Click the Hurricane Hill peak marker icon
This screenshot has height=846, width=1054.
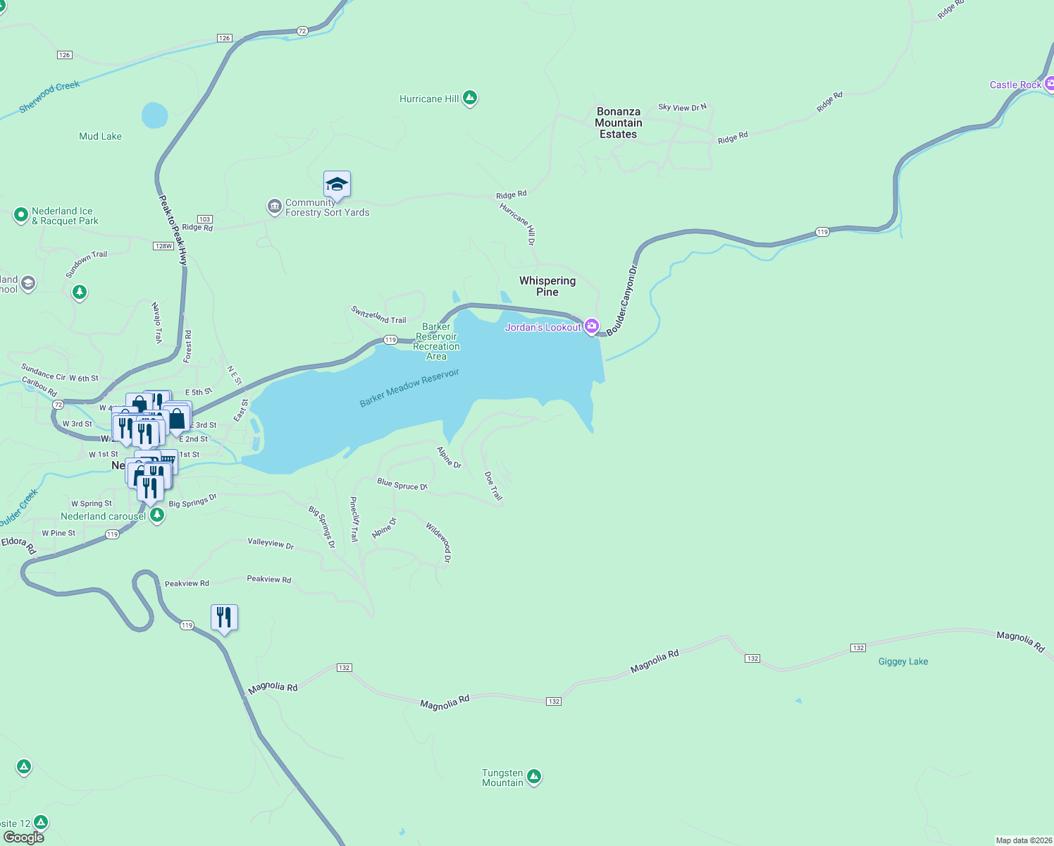pyautogui.click(x=470, y=98)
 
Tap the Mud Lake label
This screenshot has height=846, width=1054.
pyautogui.click(x=100, y=136)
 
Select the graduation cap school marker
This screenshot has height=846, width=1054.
pyautogui.click(x=337, y=185)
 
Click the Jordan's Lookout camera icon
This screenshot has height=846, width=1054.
pyautogui.click(x=592, y=326)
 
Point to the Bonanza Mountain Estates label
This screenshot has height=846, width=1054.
pyautogui.click(x=618, y=123)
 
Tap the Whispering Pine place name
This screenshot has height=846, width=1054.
pyautogui.click(x=547, y=286)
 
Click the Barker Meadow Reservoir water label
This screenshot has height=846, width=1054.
pyautogui.click(x=409, y=388)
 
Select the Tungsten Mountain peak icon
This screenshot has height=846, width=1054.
pyautogui.click(x=534, y=777)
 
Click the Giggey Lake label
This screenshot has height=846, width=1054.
pyautogui.click(x=903, y=661)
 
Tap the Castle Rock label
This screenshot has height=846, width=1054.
pyautogui.click(x=1015, y=85)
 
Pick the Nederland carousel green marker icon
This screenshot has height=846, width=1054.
pyautogui.click(x=157, y=516)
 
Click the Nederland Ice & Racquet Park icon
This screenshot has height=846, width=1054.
pyautogui.click(x=21, y=215)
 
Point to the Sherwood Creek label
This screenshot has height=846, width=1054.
pyautogui.click(x=49, y=96)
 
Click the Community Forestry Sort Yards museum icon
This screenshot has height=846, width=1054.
pyautogui.click(x=274, y=206)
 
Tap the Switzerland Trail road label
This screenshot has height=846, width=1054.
pyautogui.click(x=379, y=315)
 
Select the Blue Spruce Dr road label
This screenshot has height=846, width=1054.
pyautogui.click(x=402, y=484)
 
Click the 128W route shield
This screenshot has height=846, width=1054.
pyautogui.click(x=163, y=246)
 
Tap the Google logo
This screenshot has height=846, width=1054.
pyautogui.click(x=24, y=838)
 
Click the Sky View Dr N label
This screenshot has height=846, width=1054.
pyautogui.click(x=682, y=107)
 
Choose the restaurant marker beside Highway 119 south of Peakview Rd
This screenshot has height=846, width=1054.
pyautogui.click(x=224, y=618)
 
